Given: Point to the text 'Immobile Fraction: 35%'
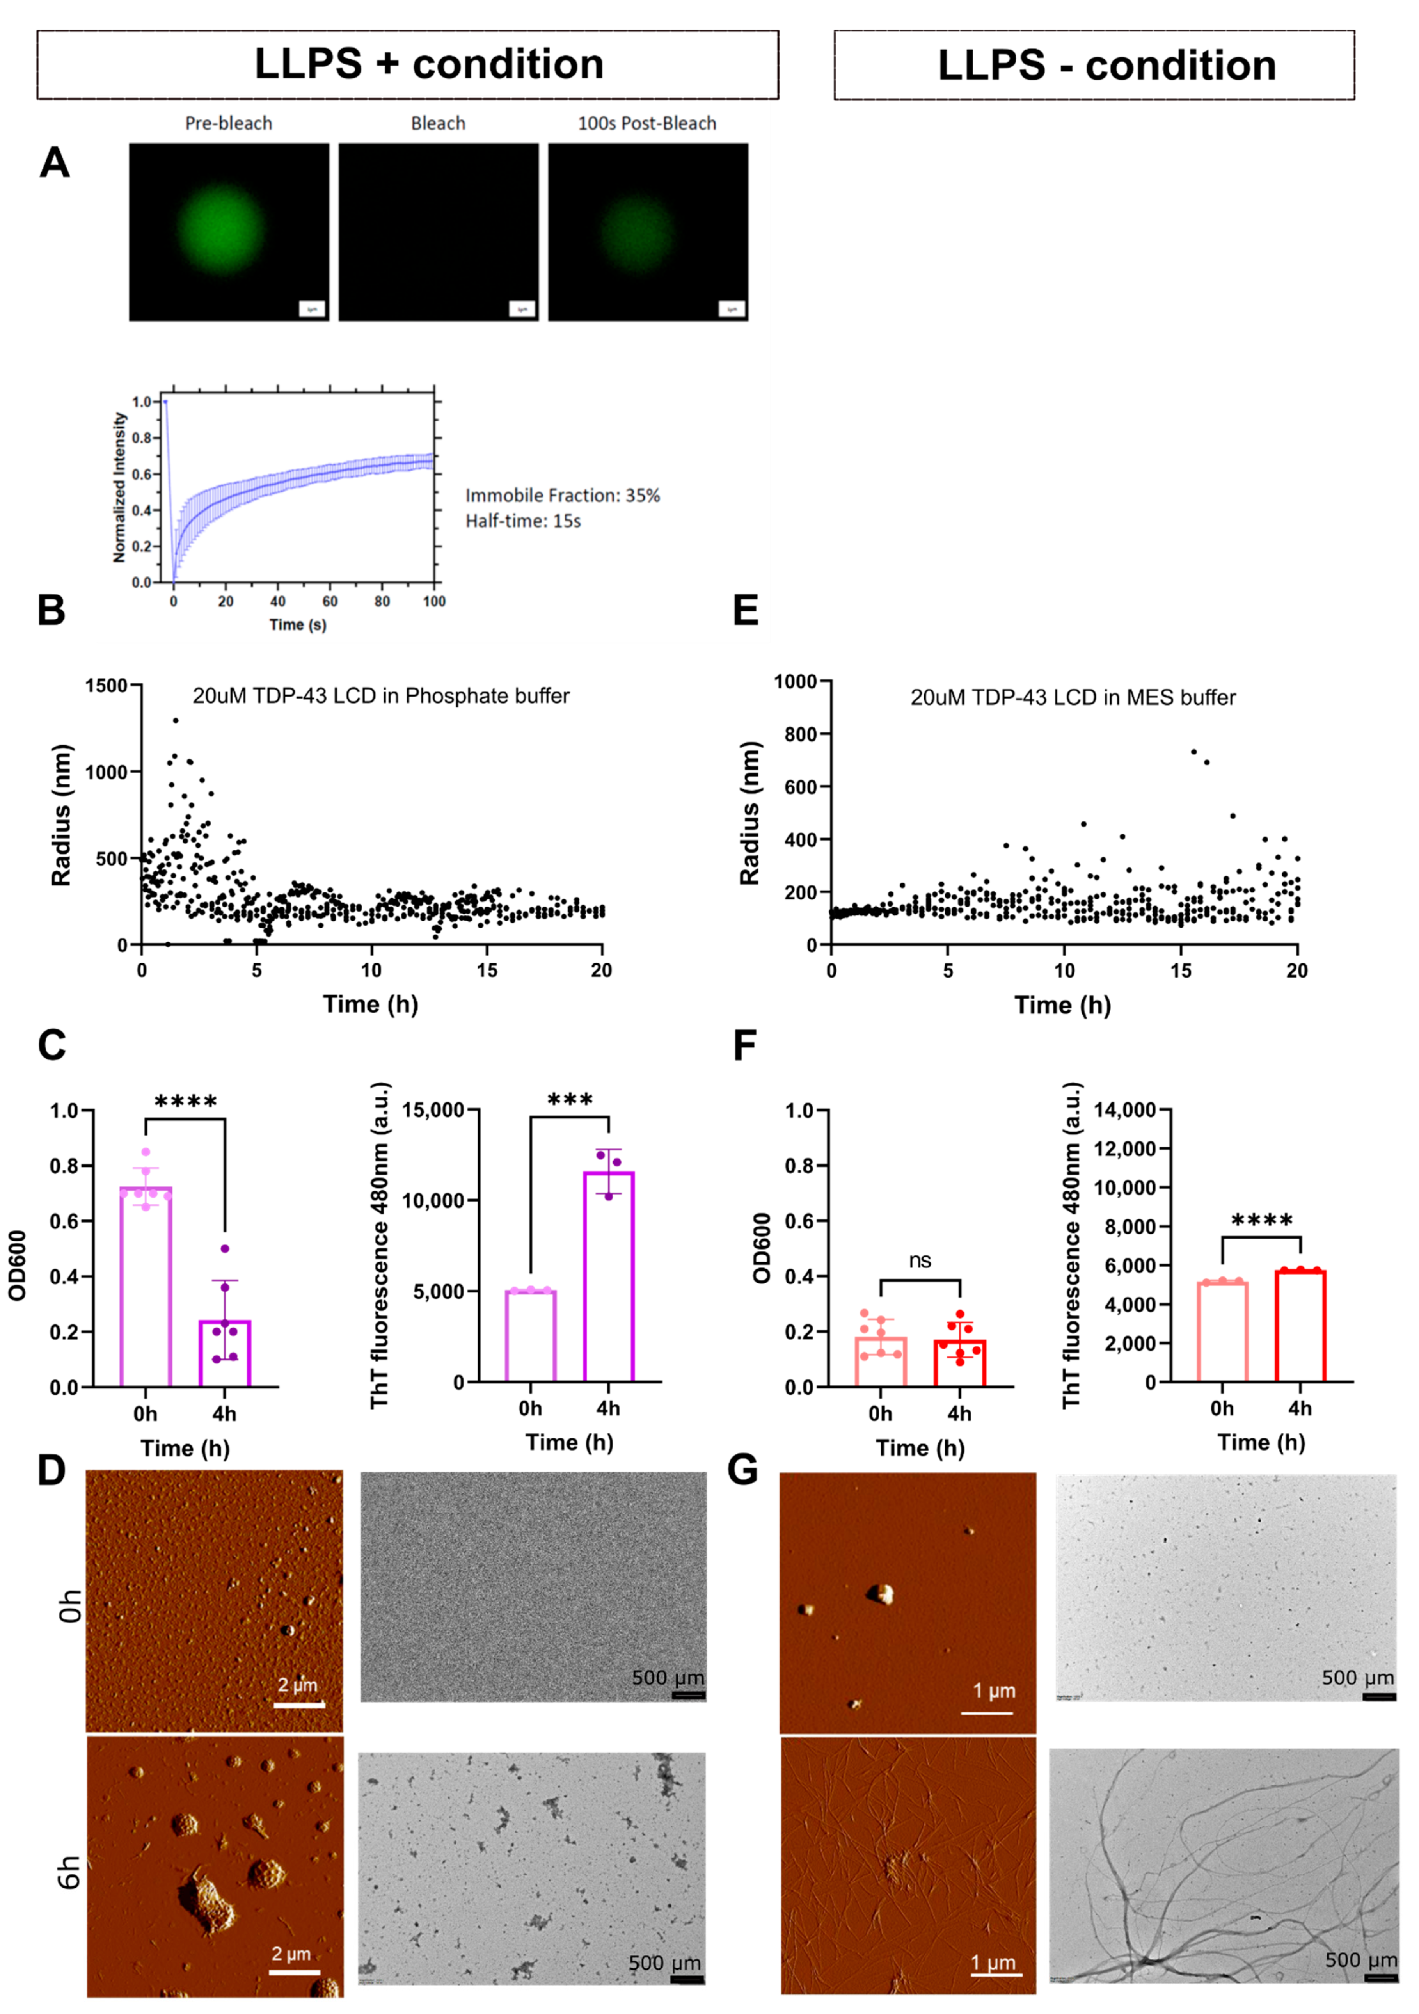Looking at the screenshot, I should [562, 496].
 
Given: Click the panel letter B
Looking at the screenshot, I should [52, 610].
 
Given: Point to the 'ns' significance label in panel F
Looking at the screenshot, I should [919, 1260].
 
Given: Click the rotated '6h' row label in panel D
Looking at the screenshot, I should [70, 1873].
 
